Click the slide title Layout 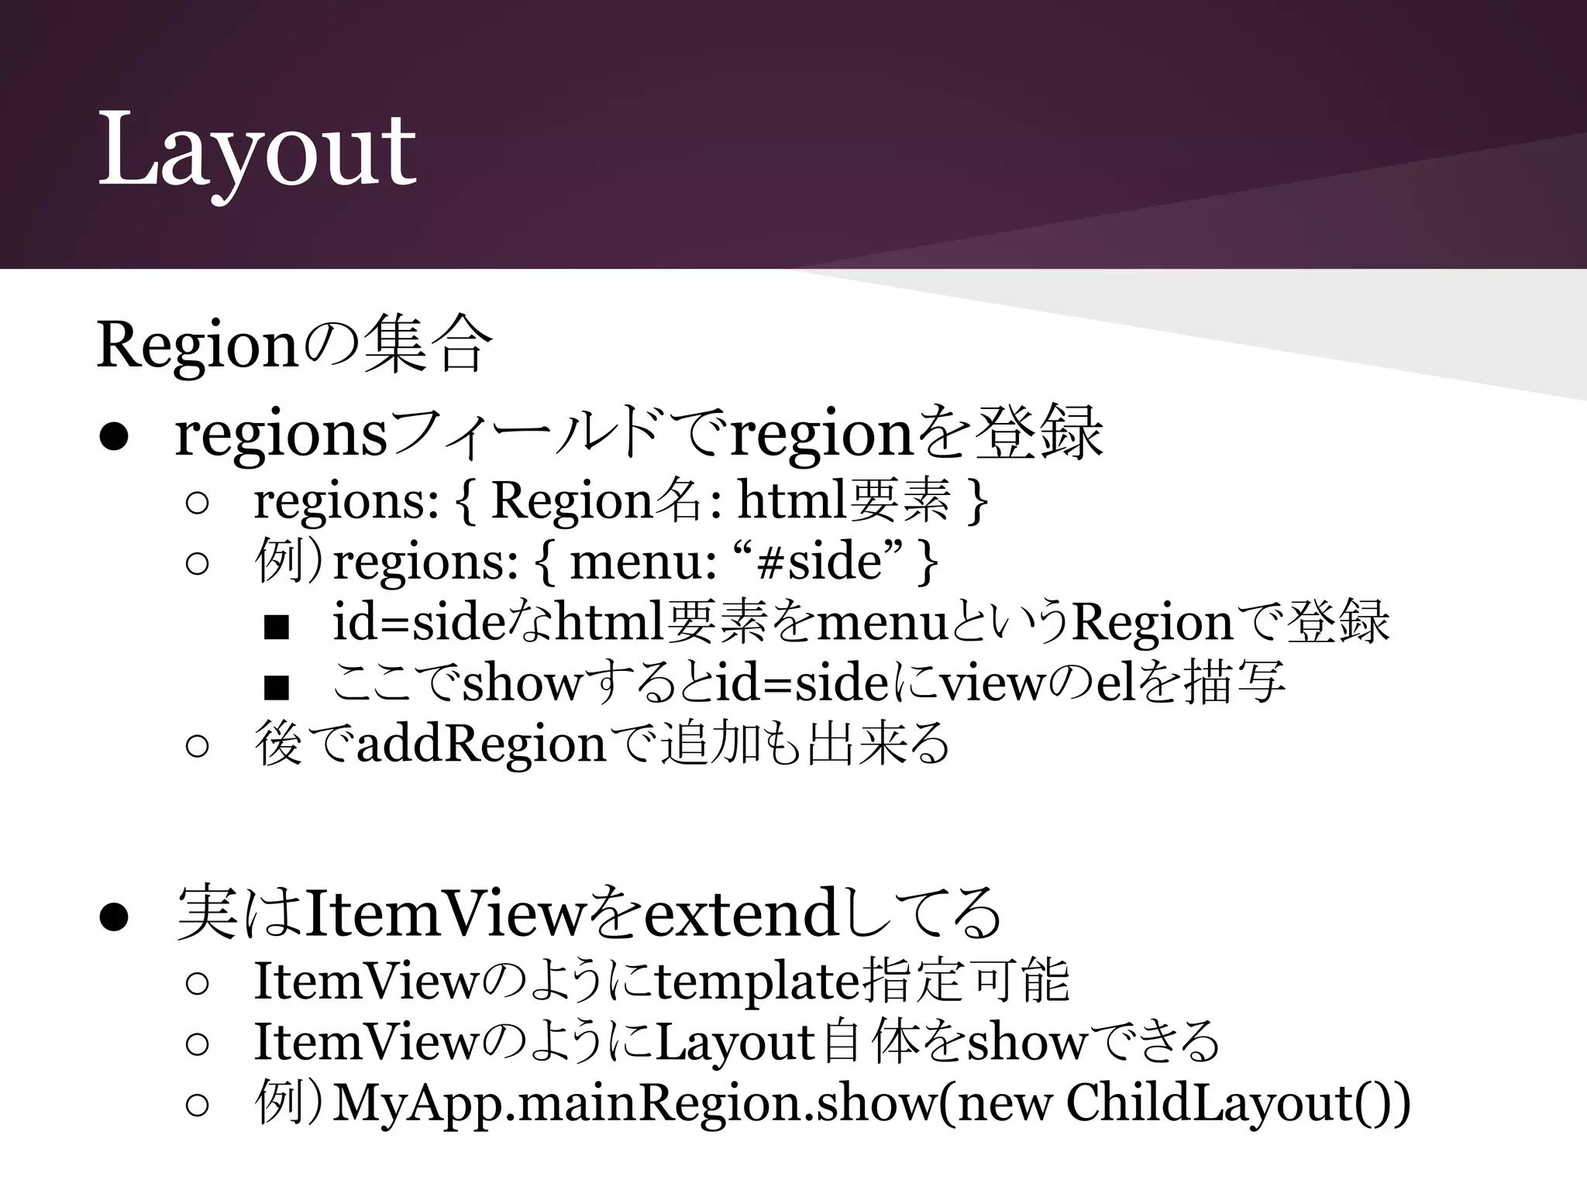[257, 151]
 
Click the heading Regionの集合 [294, 346]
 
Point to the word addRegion [480, 745]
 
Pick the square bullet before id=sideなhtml [276, 628]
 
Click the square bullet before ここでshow [276, 686]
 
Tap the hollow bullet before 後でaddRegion [198, 747]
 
